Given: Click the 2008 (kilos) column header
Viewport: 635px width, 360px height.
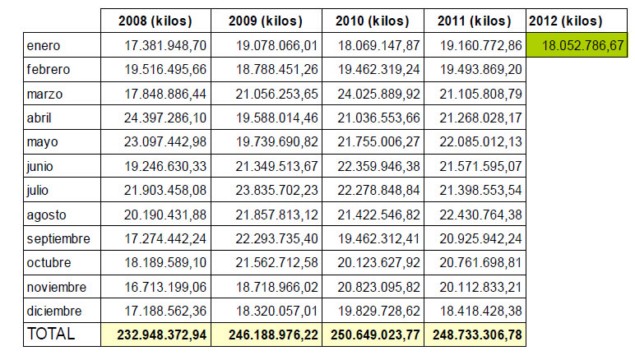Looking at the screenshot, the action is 155,21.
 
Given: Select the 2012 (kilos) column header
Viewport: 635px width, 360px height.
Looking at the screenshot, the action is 565,21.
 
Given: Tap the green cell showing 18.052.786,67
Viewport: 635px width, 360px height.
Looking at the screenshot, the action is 577,45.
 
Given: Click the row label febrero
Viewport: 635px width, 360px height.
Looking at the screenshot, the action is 48,69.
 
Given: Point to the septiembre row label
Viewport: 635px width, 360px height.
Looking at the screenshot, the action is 58,239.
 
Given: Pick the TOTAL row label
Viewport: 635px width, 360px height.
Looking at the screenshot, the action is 51,334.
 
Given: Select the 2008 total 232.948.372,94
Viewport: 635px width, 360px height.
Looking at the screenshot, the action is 162,335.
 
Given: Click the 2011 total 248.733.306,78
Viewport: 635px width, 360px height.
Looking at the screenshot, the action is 477,335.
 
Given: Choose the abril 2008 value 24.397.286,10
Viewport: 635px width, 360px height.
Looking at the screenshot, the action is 165,118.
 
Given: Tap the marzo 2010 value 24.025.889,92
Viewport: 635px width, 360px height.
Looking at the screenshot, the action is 379,94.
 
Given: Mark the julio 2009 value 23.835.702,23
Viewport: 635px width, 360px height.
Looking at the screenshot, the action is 277,190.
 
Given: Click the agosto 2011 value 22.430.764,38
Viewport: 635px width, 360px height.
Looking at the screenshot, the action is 481,215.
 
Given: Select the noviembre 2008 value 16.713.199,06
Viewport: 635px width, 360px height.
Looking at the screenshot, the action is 165,287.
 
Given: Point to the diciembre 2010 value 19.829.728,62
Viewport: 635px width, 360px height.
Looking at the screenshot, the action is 379,311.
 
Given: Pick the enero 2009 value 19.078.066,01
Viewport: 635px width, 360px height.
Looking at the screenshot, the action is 277,45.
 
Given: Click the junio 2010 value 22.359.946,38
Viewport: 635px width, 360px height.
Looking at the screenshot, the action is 379,166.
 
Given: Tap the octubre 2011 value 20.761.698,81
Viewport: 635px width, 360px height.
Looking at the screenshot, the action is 481,263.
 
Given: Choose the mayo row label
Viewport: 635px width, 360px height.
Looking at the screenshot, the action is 43,143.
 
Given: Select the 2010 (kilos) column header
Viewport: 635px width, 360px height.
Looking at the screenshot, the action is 372,21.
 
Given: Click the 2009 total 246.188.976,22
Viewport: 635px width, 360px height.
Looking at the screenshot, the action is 273,335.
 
